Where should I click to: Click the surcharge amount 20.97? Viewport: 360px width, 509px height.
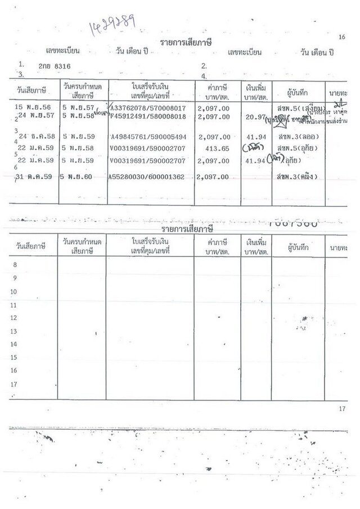point(257,116)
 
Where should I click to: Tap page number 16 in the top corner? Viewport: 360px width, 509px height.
point(342,37)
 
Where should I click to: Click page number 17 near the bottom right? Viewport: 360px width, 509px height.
point(342,407)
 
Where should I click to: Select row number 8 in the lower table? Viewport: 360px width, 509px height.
point(15,264)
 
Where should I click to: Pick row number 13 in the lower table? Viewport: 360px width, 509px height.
point(15,331)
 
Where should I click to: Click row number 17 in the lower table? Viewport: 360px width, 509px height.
point(15,385)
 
